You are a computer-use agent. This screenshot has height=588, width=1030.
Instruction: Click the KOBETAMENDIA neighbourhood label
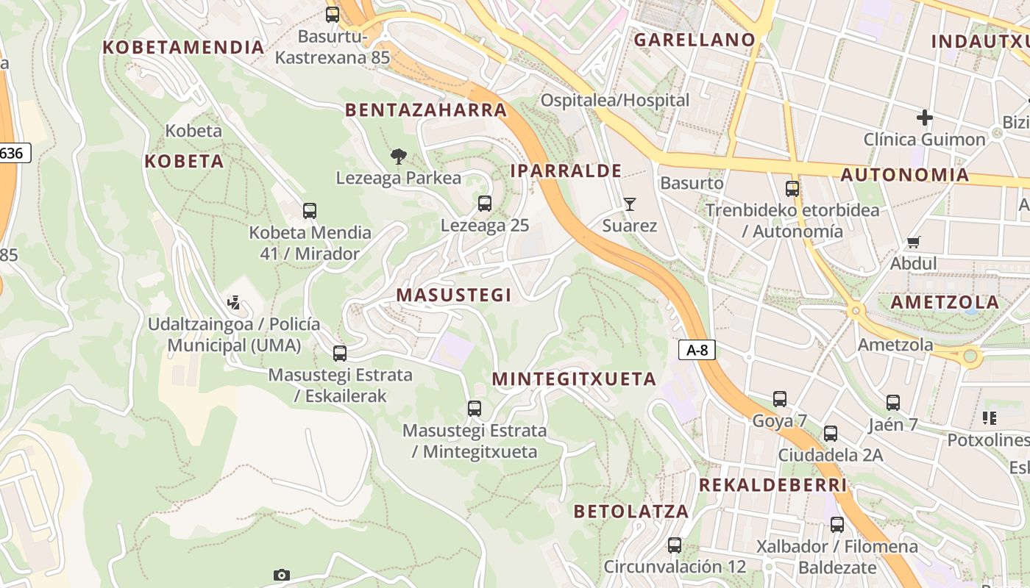tap(183, 48)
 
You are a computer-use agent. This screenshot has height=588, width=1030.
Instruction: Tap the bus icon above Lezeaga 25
tap(484, 204)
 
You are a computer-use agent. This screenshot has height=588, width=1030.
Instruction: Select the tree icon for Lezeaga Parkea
tap(399, 156)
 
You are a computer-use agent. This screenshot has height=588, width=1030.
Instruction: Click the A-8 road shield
tap(697, 351)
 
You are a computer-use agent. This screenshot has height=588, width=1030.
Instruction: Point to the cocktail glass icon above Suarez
tap(629, 204)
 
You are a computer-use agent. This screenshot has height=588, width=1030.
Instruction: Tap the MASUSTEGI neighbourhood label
tap(453, 295)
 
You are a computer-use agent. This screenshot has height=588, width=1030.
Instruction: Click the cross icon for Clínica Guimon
tap(924, 117)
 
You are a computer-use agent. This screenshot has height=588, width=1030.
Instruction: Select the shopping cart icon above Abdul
tap(914, 242)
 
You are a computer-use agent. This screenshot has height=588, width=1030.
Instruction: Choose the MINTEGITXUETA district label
tap(574, 379)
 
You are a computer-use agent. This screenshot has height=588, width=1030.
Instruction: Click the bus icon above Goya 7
tap(780, 399)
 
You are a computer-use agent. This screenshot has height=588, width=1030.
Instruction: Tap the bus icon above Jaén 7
tap(892, 402)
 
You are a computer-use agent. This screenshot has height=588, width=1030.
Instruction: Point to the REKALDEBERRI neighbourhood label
tap(772, 485)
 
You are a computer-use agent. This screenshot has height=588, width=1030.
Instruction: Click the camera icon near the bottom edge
tap(281, 575)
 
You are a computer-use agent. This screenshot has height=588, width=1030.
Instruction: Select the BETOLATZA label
tap(631, 512)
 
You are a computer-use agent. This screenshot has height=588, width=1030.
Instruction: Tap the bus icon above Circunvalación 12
tap(674, 545)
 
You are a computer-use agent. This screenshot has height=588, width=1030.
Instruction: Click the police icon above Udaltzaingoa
tap(234, 302)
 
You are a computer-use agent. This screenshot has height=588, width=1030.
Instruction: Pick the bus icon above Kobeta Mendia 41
tap(310, 211)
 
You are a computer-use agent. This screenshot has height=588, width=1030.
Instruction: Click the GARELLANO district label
tap(695, 40)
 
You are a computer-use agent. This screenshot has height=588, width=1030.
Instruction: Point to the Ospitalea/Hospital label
tap(615, 100)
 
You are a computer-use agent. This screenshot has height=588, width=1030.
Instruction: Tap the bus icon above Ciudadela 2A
tap(831, 434)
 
